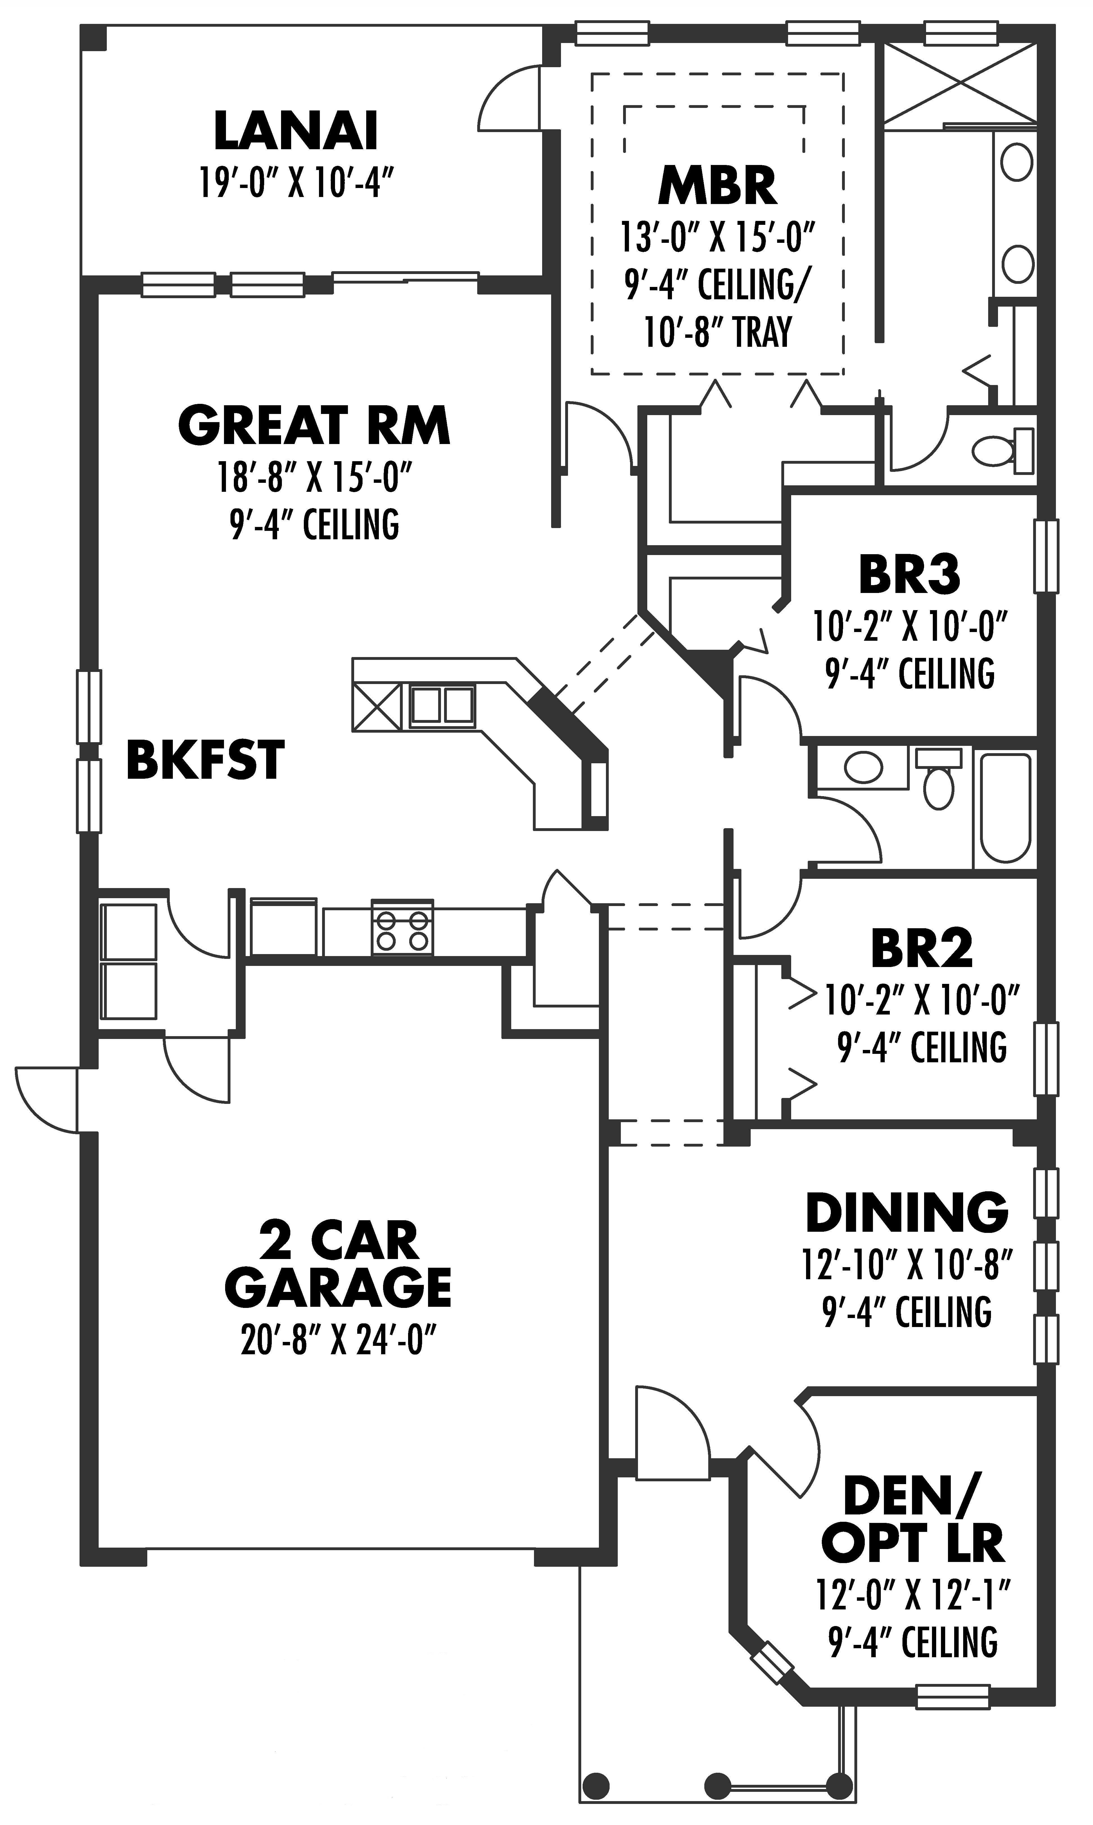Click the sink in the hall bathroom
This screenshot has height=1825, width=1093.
(863, 767)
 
